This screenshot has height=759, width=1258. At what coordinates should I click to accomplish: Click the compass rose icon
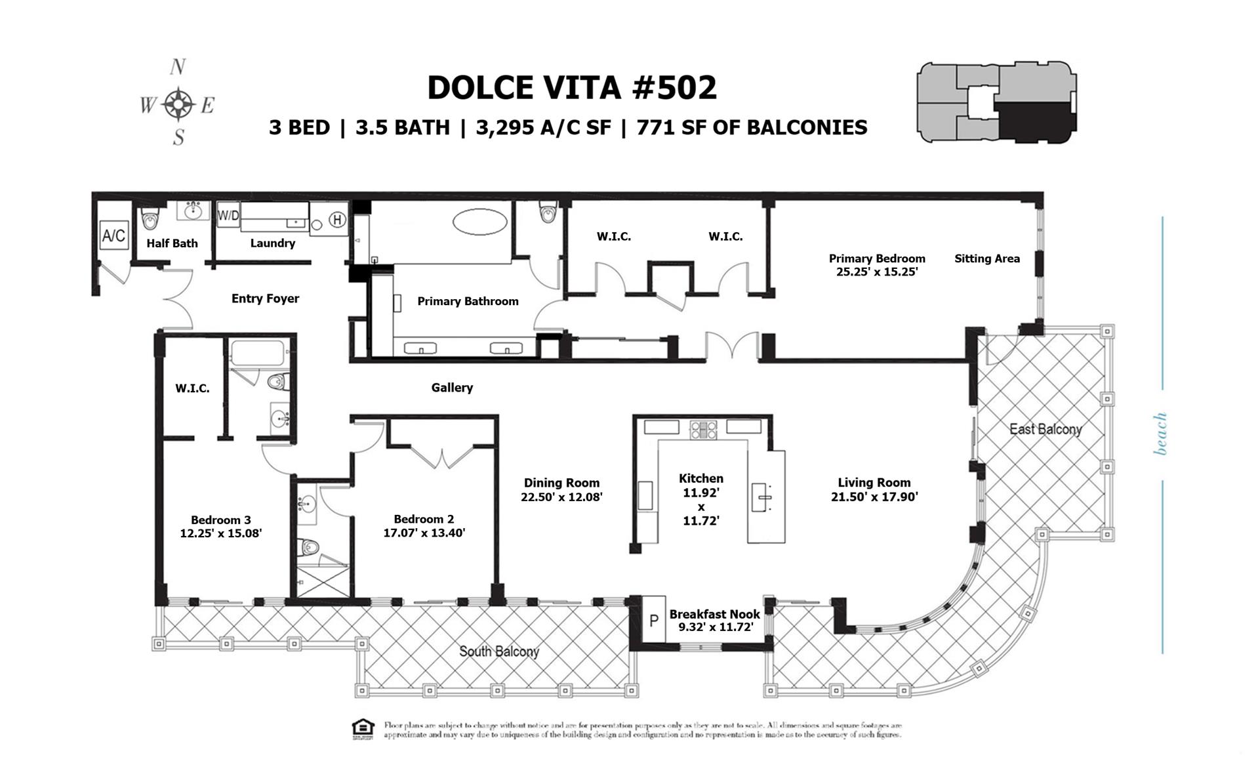click(x=178, y=104)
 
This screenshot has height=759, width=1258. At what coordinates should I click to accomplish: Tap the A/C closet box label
click(x=113, y=235)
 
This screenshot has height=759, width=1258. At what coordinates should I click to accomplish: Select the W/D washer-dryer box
click(x=228, y=215)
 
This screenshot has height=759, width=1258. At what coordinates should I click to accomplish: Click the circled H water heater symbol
click(x=337, y=220)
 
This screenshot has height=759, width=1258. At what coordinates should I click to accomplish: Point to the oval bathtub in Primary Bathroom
click(x=481, y=222)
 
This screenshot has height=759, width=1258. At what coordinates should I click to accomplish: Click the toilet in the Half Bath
click(x=150, y=218)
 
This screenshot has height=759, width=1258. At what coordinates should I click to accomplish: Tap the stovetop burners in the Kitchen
click(x=703, y=430)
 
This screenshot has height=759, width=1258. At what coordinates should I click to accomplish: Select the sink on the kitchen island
click(x=761, y=497)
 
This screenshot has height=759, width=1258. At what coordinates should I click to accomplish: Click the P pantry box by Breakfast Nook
click(x=653, y=620)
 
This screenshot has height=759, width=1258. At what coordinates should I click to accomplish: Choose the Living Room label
click(x=874, y=483)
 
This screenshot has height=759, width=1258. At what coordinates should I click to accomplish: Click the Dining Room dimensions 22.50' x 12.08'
click(x=561, y=497)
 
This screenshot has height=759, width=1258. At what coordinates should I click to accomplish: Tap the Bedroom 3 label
click(x=220, y=520)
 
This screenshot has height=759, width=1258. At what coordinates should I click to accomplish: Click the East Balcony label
click(x=1045, y=429)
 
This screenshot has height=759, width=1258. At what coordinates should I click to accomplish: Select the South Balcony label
click(x=498, y=651)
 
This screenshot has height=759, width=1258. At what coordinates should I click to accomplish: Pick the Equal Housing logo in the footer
click(x=363, y=729)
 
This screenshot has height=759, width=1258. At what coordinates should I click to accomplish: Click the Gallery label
click(x=452, y=388)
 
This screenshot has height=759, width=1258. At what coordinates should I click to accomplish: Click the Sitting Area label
click(x=986, y=258)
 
